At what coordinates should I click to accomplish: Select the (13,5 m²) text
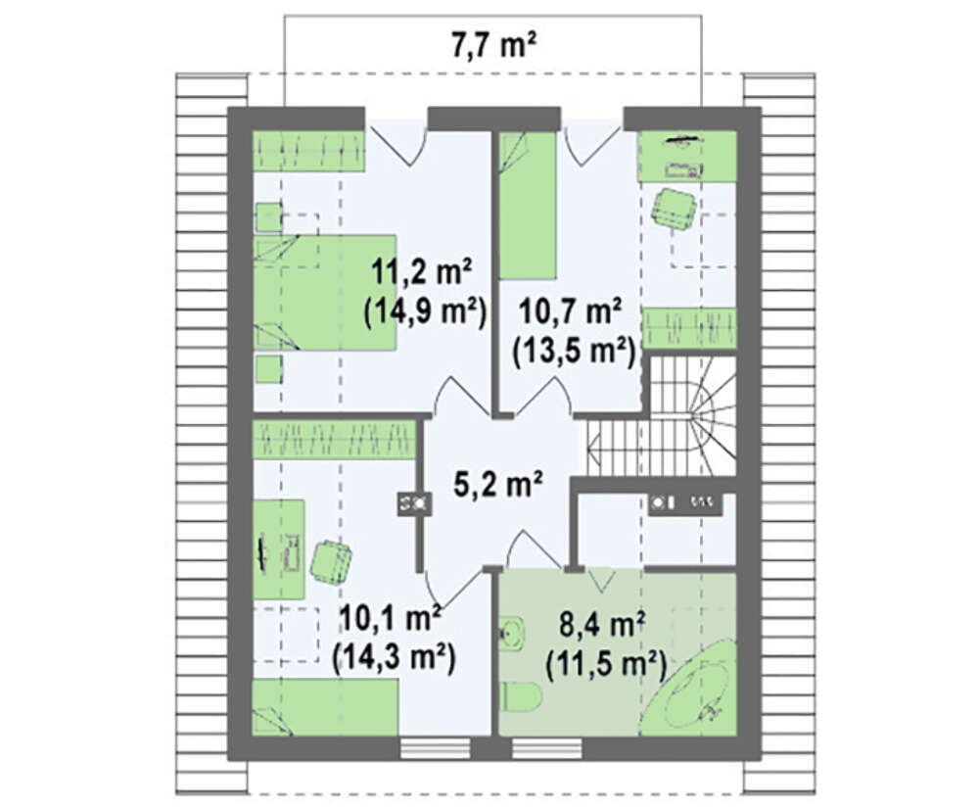573,352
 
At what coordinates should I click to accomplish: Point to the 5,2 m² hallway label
496,484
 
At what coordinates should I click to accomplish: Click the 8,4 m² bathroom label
602,625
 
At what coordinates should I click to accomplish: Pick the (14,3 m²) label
394,656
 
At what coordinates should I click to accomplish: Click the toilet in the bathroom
520,695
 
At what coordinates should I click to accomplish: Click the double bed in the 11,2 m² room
325,292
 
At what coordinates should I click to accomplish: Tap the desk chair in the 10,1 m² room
330,561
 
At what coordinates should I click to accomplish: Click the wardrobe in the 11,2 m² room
308,151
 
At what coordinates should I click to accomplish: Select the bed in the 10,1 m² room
325,707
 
